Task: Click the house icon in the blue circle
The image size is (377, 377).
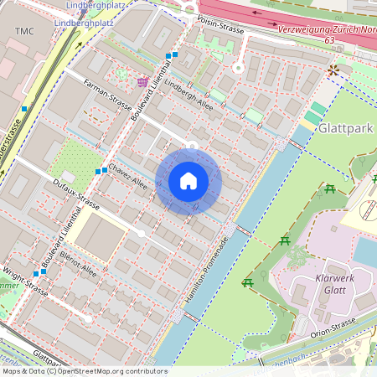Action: pos(188,181)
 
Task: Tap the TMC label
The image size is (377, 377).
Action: pos(26,30)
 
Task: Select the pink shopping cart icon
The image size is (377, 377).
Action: pos(142,81)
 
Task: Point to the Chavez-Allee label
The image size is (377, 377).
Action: pos(127,177)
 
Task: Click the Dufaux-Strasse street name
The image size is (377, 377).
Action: pos(76,194)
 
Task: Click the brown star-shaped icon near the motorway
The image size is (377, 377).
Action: pos(334,70)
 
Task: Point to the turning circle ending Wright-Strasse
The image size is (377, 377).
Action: pos(87,319)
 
